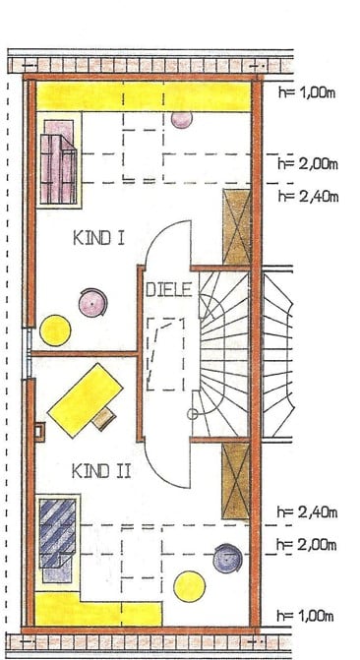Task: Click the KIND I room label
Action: coord(99,238)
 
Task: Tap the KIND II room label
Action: coord(101,471)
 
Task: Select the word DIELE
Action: coord(169,289)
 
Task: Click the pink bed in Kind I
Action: coord(59,162)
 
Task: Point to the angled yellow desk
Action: coord(86,400)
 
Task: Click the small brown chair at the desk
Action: coord(104,418)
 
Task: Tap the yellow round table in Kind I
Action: coord(55,330)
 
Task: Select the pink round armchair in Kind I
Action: coord(92,303)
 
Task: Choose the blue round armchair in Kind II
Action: coord(227,559)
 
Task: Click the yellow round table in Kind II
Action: coord(190,586)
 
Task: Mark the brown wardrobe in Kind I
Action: coord(237,227)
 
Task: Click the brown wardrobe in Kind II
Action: coord(236,480)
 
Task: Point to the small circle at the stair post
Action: coord(192,415)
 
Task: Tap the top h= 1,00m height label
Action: coord(307,92)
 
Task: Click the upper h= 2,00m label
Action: coord(307,163)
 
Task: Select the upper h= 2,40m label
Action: coord(308,196)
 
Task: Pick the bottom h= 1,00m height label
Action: coord(305,616)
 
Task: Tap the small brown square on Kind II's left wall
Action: coord(39,432)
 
